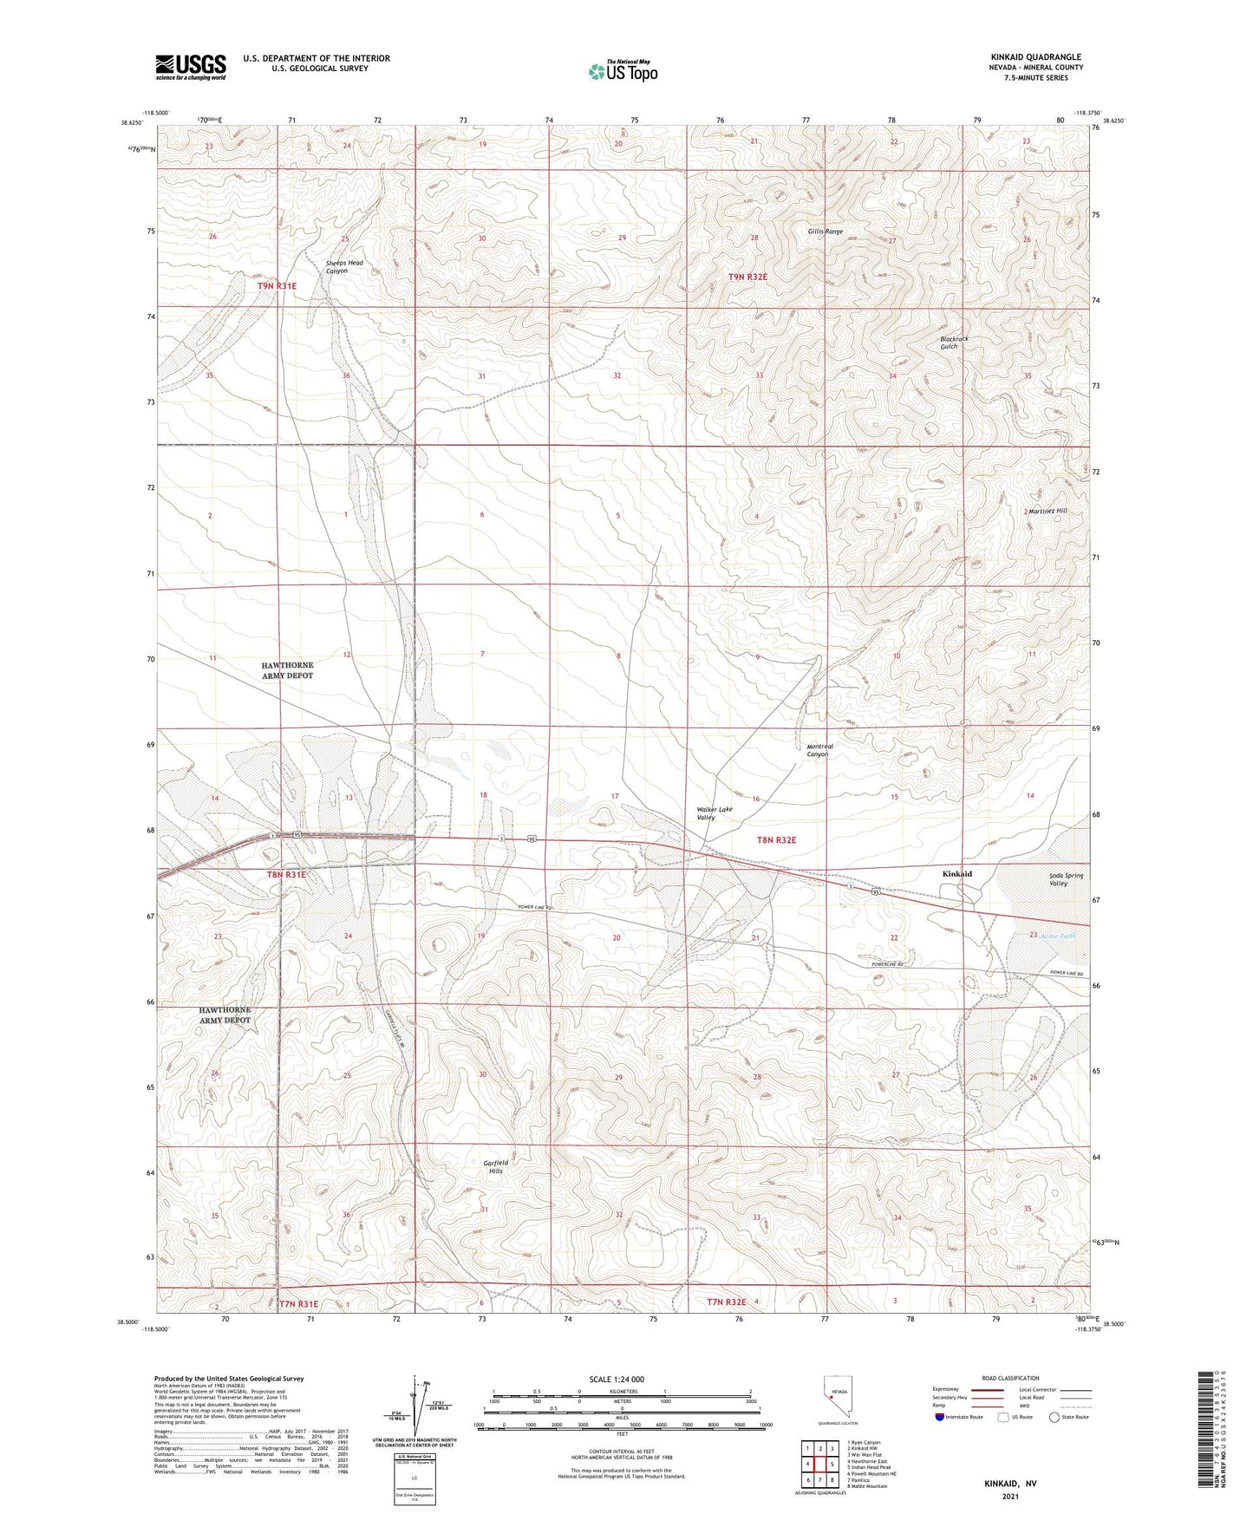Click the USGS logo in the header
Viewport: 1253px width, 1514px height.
click(191, 67)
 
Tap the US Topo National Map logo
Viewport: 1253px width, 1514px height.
click(622, 71)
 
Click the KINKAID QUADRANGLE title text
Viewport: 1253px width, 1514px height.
click(1035, 57)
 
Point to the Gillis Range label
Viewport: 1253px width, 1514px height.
click(825, 232)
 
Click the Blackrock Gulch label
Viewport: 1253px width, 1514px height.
click(954, 343)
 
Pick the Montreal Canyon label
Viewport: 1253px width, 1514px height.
click(819, 750)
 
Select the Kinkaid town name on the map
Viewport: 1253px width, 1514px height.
click(956, 874)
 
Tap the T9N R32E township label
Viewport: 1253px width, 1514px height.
click(747, 277)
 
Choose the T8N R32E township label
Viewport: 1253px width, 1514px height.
click(775, 840)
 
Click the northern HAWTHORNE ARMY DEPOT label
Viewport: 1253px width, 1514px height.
click(287, 670)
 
